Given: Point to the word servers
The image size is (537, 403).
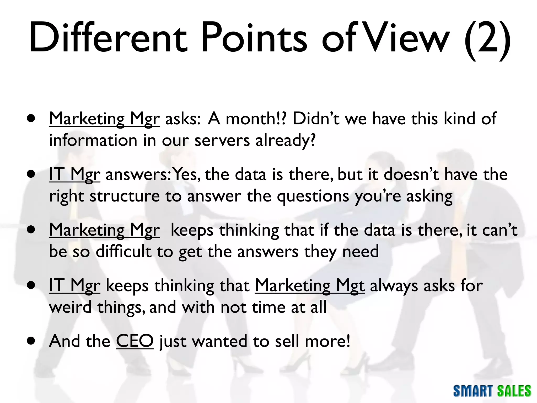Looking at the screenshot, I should point(222,140).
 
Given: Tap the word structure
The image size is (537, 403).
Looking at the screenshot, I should point(125,196).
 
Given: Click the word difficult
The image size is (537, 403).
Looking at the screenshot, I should point(123,252).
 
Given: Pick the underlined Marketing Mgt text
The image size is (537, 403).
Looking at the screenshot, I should point(310,286).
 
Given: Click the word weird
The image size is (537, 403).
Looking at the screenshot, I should point(70,307).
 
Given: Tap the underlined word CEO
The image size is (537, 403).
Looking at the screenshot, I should point(135,341).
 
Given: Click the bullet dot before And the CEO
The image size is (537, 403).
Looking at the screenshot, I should point(31,341).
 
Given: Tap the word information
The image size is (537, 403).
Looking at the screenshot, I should point(93,140).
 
